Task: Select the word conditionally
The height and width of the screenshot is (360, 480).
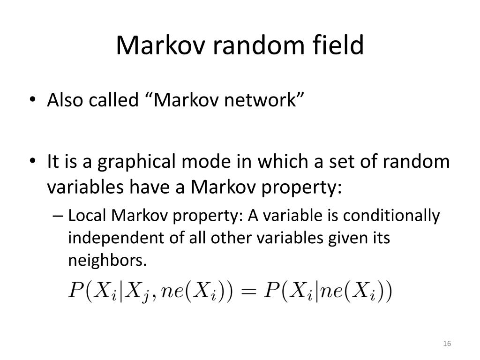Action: pos(392,216)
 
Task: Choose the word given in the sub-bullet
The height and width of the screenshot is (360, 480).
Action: pos(345,238)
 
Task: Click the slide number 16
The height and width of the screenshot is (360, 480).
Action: pos(447,345)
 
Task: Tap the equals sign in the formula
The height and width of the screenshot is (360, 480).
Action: pos(250,292)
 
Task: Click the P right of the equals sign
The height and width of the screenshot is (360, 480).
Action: pos(271,292)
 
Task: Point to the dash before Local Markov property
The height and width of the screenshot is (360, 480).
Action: pos(58,217)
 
